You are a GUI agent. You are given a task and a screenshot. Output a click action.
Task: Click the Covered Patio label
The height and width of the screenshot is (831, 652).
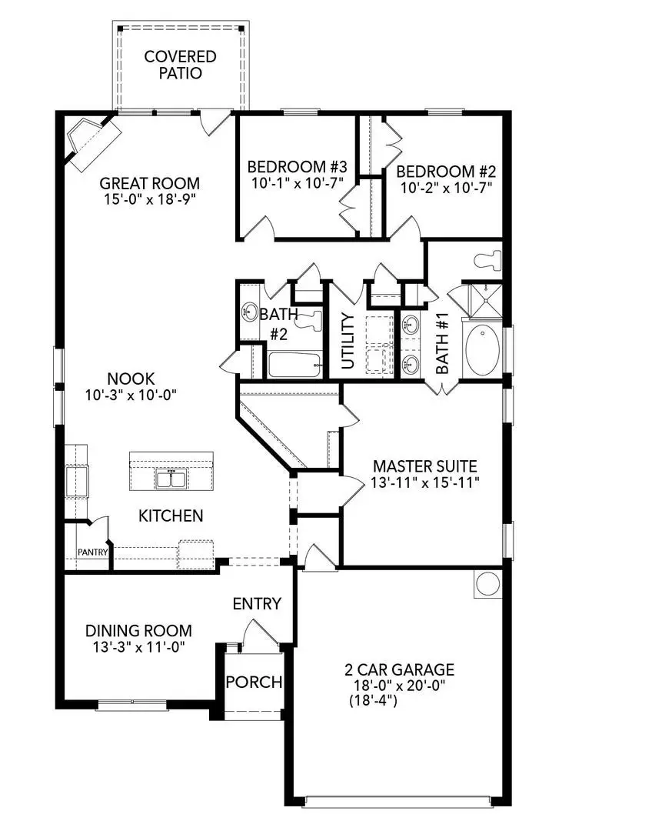pos(181,65)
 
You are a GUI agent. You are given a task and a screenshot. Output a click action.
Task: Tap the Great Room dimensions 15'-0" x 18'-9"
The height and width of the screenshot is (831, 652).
pos(150,199)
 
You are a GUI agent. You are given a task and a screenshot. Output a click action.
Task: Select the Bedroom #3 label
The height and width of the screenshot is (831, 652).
pos(297,167)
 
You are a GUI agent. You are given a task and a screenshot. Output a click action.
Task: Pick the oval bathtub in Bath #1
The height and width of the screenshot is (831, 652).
pos(481,350)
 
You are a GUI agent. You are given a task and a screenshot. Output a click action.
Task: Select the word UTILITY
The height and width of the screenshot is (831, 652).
pos(348,340)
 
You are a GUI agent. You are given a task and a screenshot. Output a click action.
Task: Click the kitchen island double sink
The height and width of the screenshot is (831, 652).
pos(170,479)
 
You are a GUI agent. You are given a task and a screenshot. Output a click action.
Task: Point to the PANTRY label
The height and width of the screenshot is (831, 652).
pos(92,552)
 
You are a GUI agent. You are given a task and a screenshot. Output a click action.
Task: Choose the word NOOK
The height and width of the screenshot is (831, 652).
pos(131,379)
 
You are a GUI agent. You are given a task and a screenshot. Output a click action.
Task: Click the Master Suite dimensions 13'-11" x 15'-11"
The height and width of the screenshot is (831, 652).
pos(425,482)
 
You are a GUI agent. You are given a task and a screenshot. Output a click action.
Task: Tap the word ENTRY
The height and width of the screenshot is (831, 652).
pos(257,604)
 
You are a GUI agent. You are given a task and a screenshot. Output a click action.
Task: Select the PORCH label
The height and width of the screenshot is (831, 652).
pos(254,682)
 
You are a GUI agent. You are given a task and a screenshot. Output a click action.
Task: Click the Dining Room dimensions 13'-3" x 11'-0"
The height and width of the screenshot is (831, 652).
pos(138,646)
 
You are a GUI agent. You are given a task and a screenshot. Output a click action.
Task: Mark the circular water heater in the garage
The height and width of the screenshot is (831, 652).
pos(488,583)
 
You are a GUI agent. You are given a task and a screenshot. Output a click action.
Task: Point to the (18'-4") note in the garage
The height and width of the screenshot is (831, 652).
pos(372,701)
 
